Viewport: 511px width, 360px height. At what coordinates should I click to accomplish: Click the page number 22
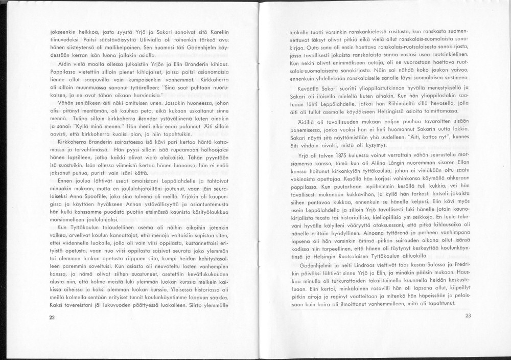[x=52, y=318]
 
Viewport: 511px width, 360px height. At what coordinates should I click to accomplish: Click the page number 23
[x=468, y=316]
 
